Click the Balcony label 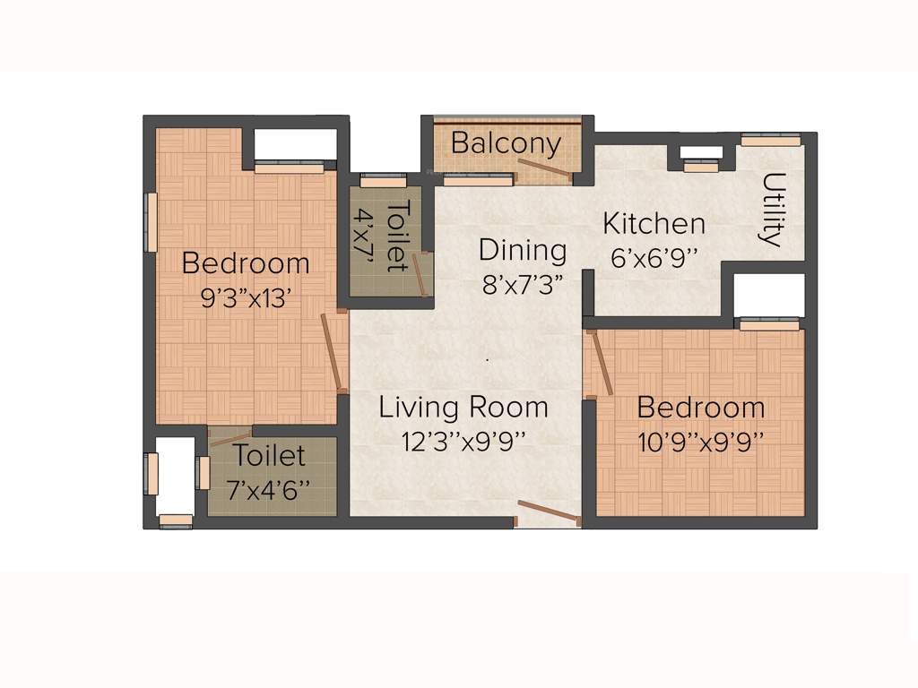coord(507,143)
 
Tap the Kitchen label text coord(654,223)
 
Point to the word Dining coord(523,250)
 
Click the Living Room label coord(463,408)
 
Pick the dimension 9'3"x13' coord(246,297)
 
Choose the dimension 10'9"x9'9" coord(701,441)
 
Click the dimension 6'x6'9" coord(654,256)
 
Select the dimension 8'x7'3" coord(523,284)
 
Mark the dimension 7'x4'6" coord(270,489)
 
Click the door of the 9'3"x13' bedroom coord(333,353)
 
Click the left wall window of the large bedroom coord(152,221)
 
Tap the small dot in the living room coord(488,359)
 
